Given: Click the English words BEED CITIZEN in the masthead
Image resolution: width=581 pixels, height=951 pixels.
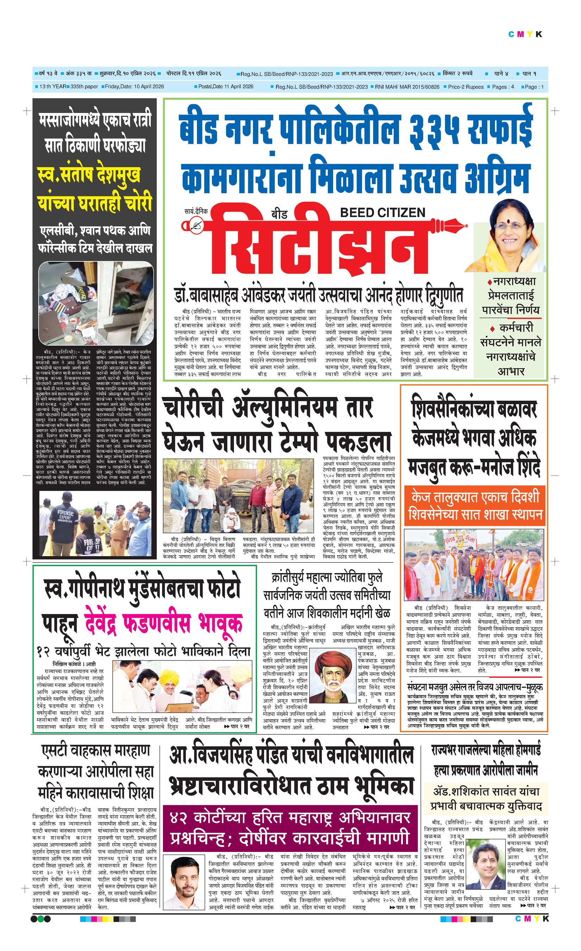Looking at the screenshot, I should coord(382,212).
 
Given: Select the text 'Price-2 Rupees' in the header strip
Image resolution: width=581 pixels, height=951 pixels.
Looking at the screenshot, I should coord(465,87).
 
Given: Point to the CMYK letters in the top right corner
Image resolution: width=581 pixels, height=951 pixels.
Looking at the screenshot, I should coord(525,35).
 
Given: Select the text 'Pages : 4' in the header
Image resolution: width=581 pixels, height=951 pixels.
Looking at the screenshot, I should coord(503,87).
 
